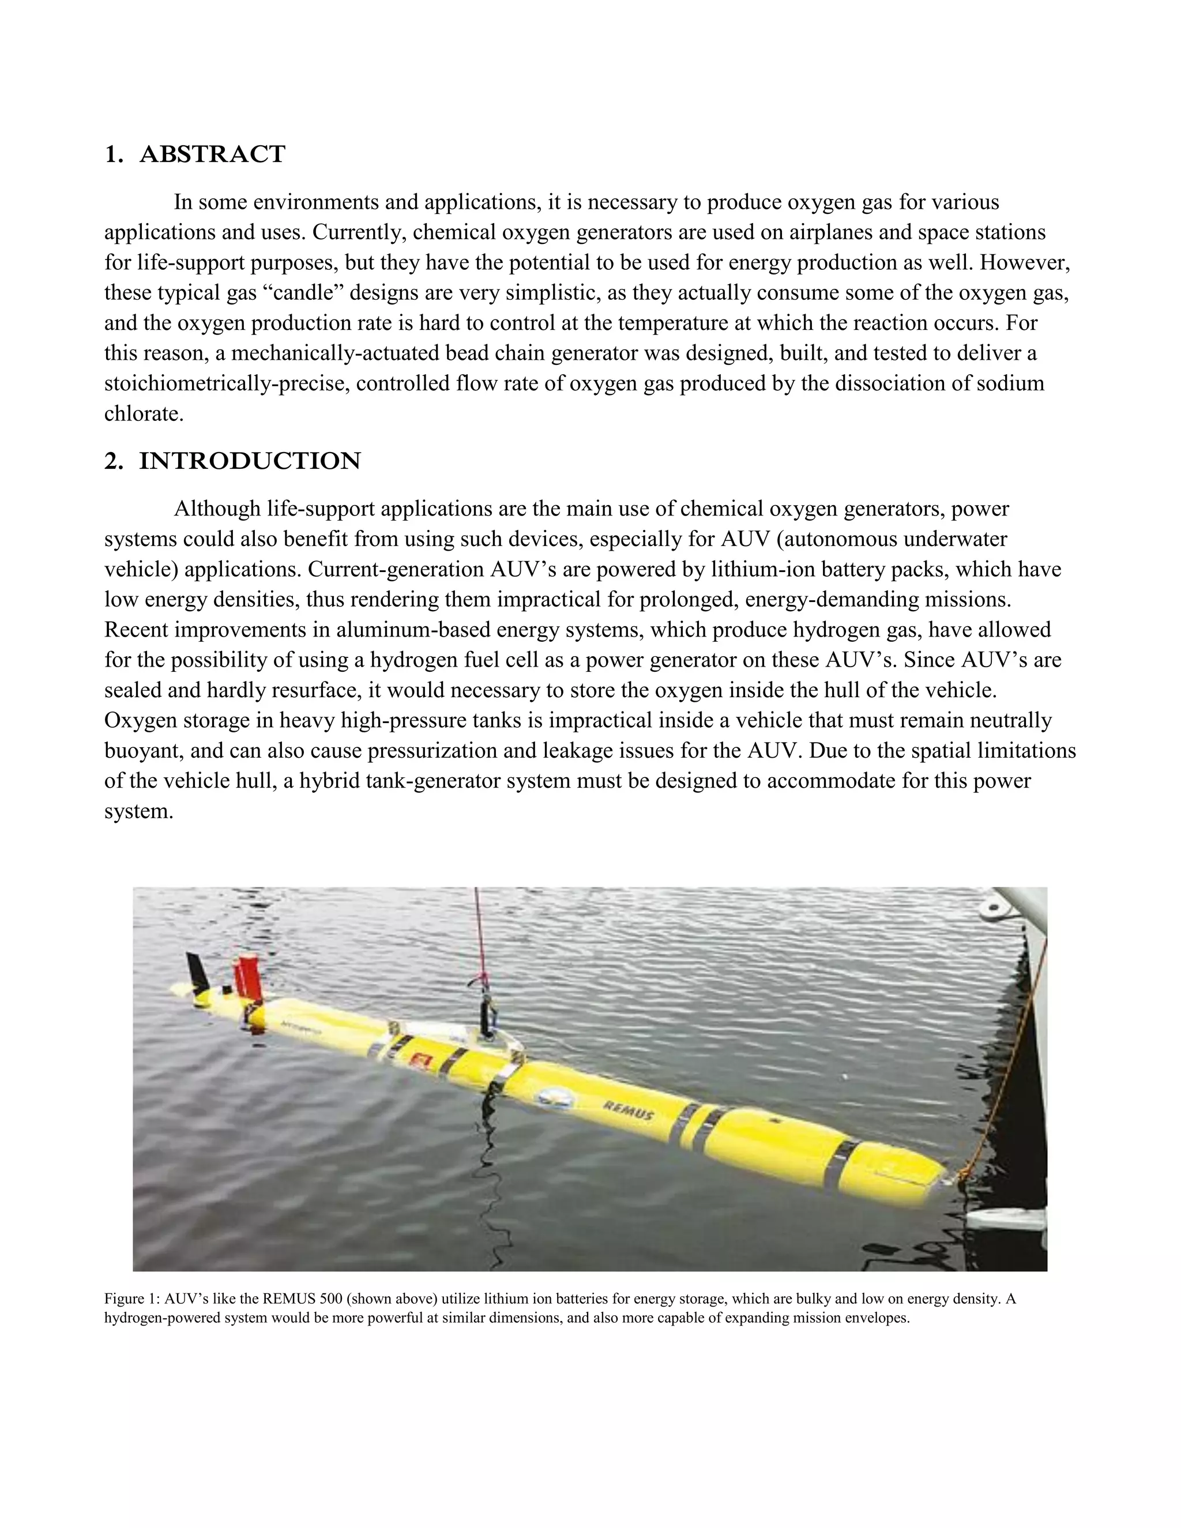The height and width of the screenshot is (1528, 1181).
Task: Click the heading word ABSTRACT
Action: pos(212,154)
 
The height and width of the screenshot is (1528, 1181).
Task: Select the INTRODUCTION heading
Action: pos(250,461)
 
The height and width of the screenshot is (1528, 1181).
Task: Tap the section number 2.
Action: pos(112,461)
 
